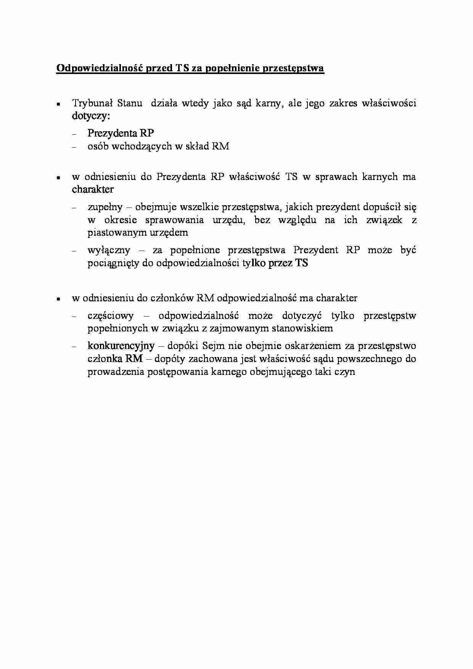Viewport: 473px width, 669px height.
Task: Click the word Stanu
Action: click(x=130, y=103)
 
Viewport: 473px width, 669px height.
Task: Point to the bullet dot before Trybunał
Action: click(x=58, y=104)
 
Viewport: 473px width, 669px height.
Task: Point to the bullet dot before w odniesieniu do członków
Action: click(x=58, y=299)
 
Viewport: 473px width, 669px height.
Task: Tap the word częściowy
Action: click(x=111, y=316)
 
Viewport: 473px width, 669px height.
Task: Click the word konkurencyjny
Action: click(x=121, y=346)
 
